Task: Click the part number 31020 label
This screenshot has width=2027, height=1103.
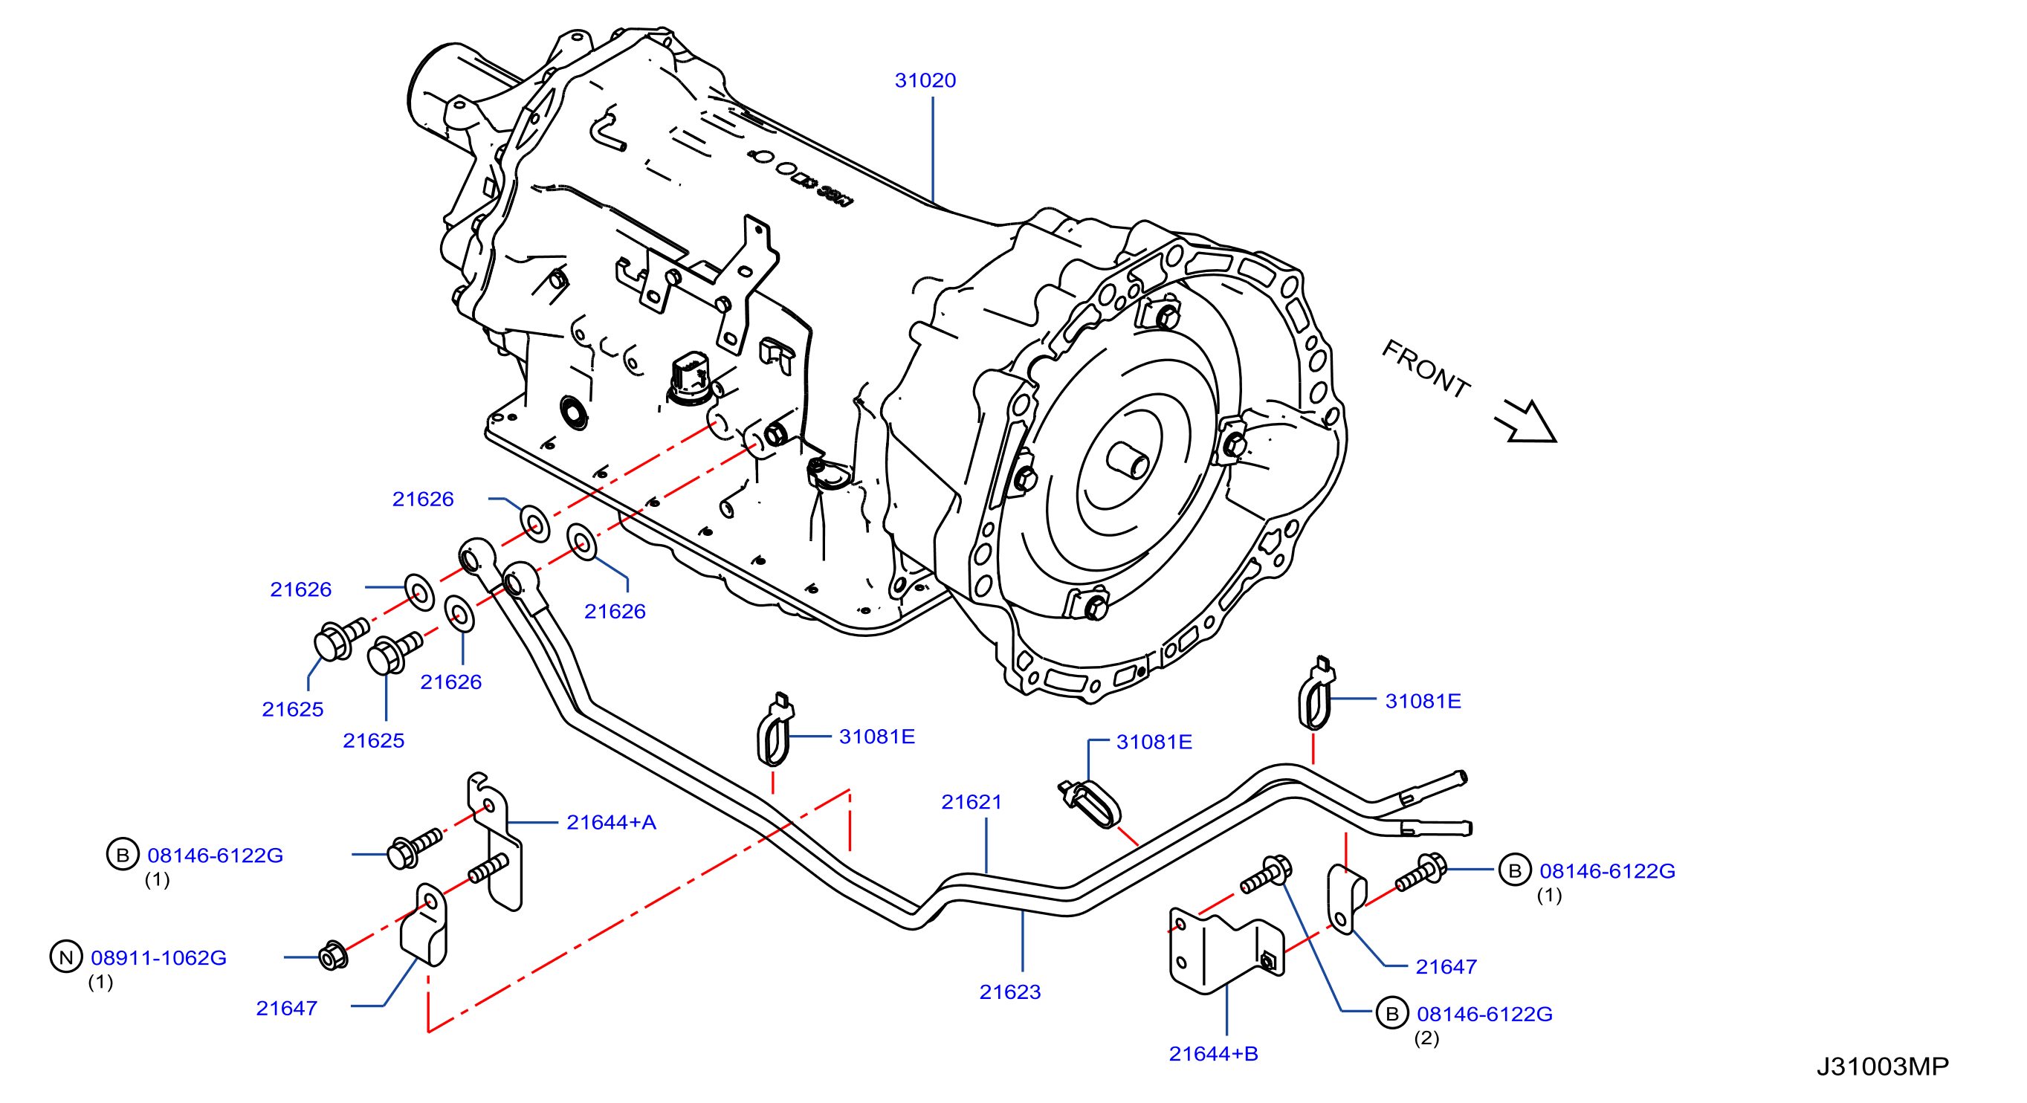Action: pyautogui.click(x=925, y=80)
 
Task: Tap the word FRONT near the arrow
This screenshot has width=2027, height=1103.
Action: pyautogui.click(x=1426, y=369)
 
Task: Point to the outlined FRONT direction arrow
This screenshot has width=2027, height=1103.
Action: pyautogui.click(x=1527, y=421)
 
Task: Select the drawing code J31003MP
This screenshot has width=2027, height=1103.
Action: pyautogui.click(x=1882, y=1066)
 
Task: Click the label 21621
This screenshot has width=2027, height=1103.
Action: pyautogui.click(x=972, y=802)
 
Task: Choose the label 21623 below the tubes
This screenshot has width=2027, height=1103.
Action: pyautogui.click(x=1009, y=992)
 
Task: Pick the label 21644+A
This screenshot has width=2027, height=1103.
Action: pyautogui.click(x=612, y=822)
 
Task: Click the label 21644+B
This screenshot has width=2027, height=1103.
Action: pyautogui.click(x=1213, y=1053)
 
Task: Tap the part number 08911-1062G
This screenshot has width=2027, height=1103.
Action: pyautogui.click(x=159, y=957)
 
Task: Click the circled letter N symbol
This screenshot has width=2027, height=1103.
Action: pyautogui.click(x=66, y=957)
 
